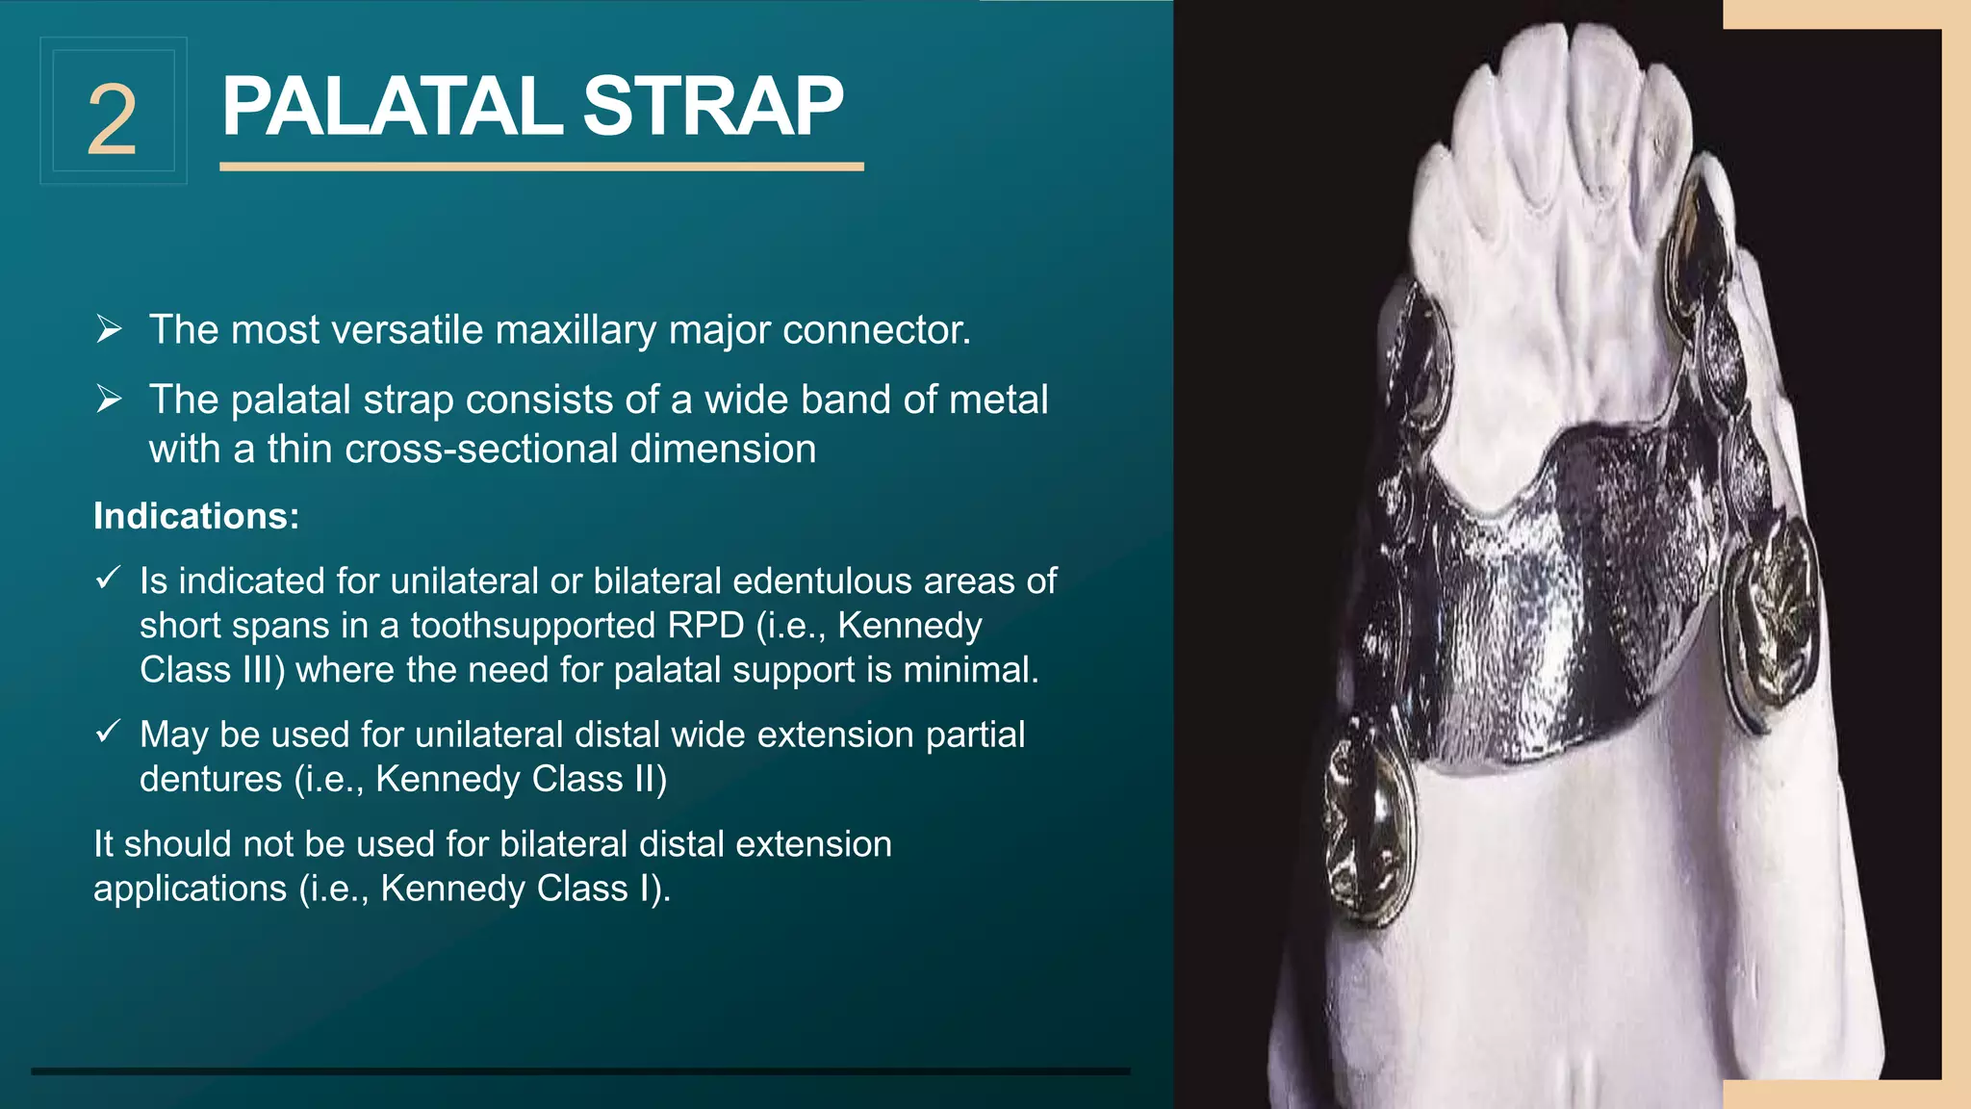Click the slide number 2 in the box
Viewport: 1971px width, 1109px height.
[x=113, y=119]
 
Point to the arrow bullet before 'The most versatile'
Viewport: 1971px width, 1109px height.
[x=109, y=330]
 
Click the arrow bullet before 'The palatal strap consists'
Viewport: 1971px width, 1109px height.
[x=109, y=399]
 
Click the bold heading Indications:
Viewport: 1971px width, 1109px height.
[x=196, y=516]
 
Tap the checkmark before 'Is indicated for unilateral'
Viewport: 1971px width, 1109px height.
[x=108, y=579]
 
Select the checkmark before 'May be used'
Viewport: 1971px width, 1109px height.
[x=108, y=733]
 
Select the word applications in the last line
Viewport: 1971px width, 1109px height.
[x=190, y=889]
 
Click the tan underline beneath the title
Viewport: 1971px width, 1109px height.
[x=541, y=168]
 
